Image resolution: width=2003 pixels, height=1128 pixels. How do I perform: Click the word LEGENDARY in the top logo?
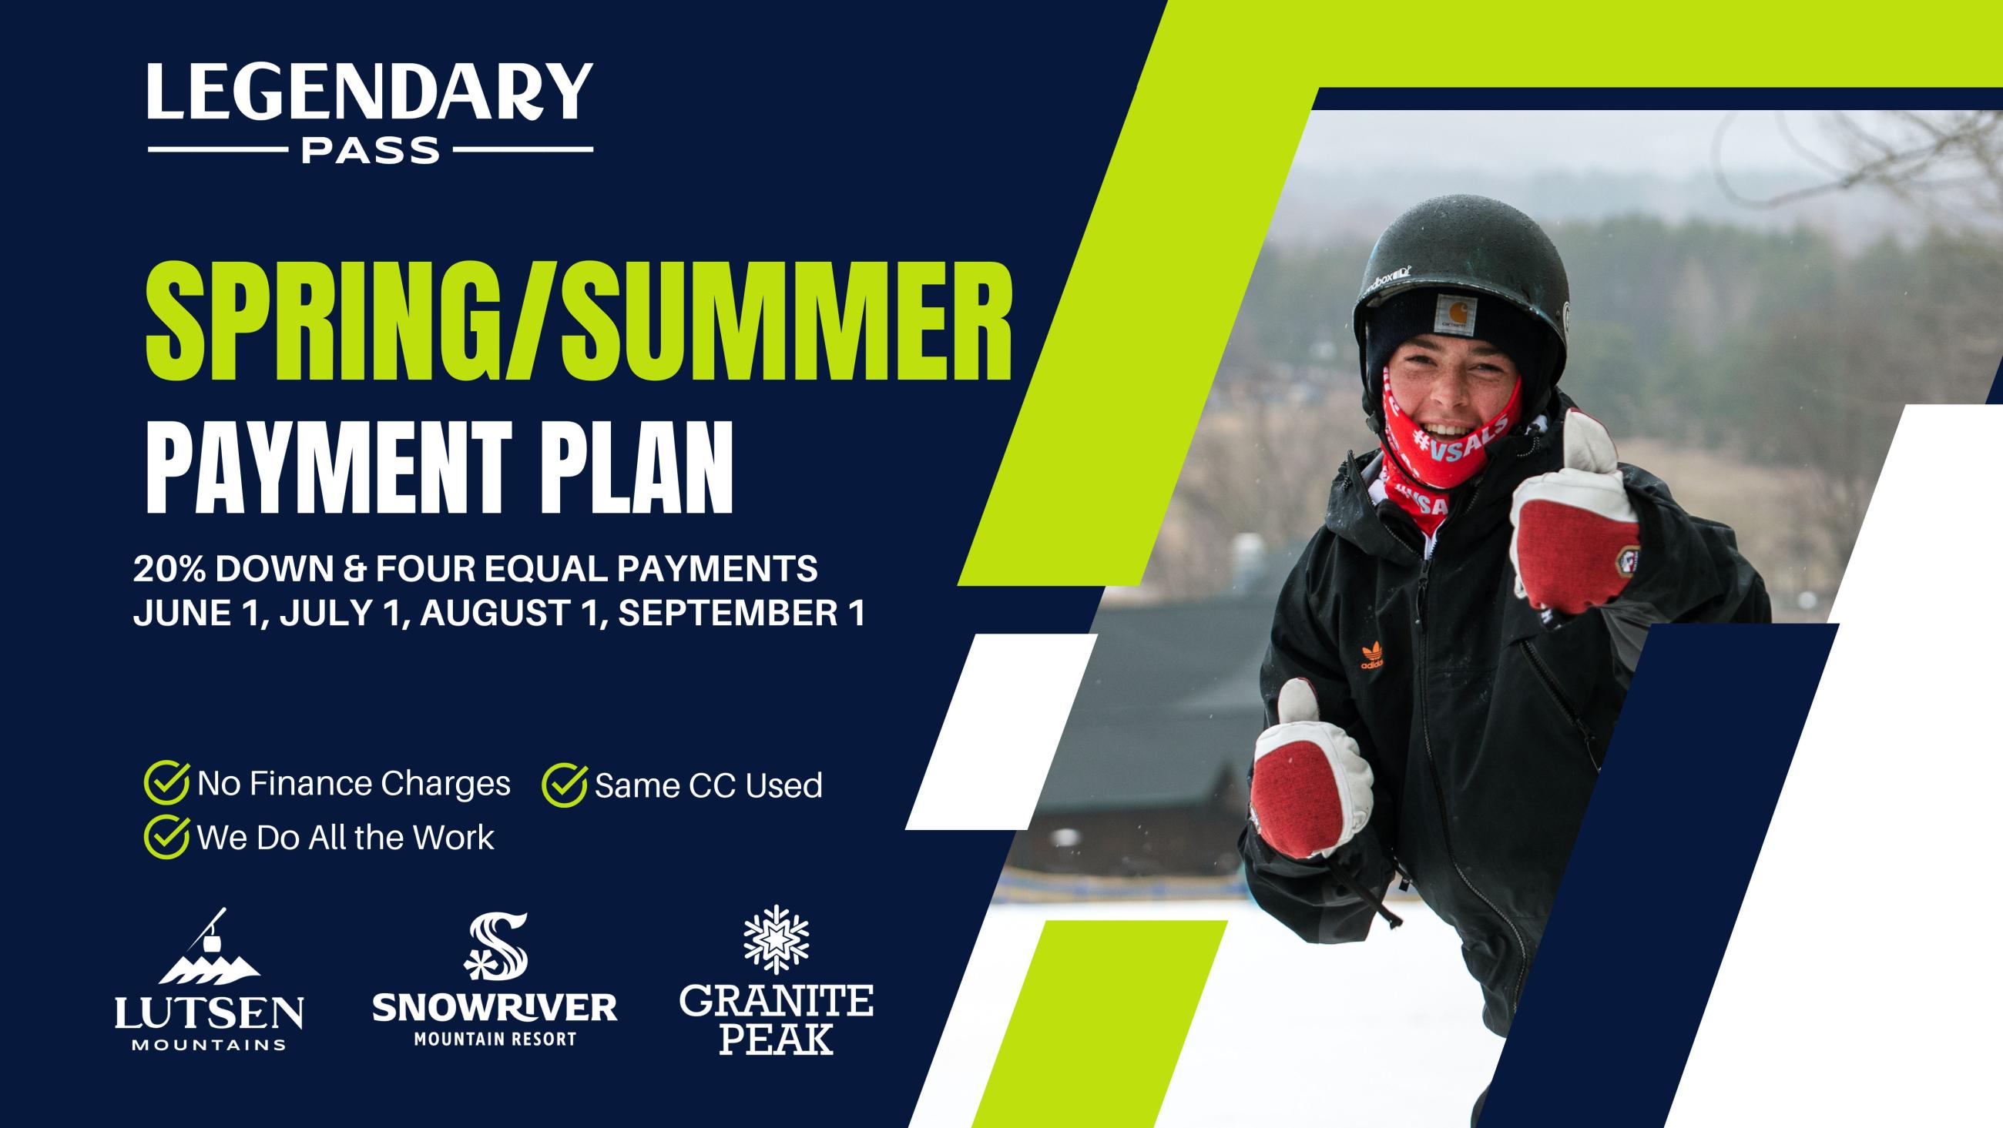click(370, 92)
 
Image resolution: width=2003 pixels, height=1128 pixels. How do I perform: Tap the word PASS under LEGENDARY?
click(371, 150)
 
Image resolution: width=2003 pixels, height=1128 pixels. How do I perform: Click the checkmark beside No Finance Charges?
click(167, 783)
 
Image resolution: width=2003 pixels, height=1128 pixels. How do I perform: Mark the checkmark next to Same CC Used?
click(565, 785)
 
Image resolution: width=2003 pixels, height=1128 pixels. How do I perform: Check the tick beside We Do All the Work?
click(167, 836)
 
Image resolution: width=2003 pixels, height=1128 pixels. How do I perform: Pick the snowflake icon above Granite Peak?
click(776, 939)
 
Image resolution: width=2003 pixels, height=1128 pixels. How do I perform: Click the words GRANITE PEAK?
click(776, 1019)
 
